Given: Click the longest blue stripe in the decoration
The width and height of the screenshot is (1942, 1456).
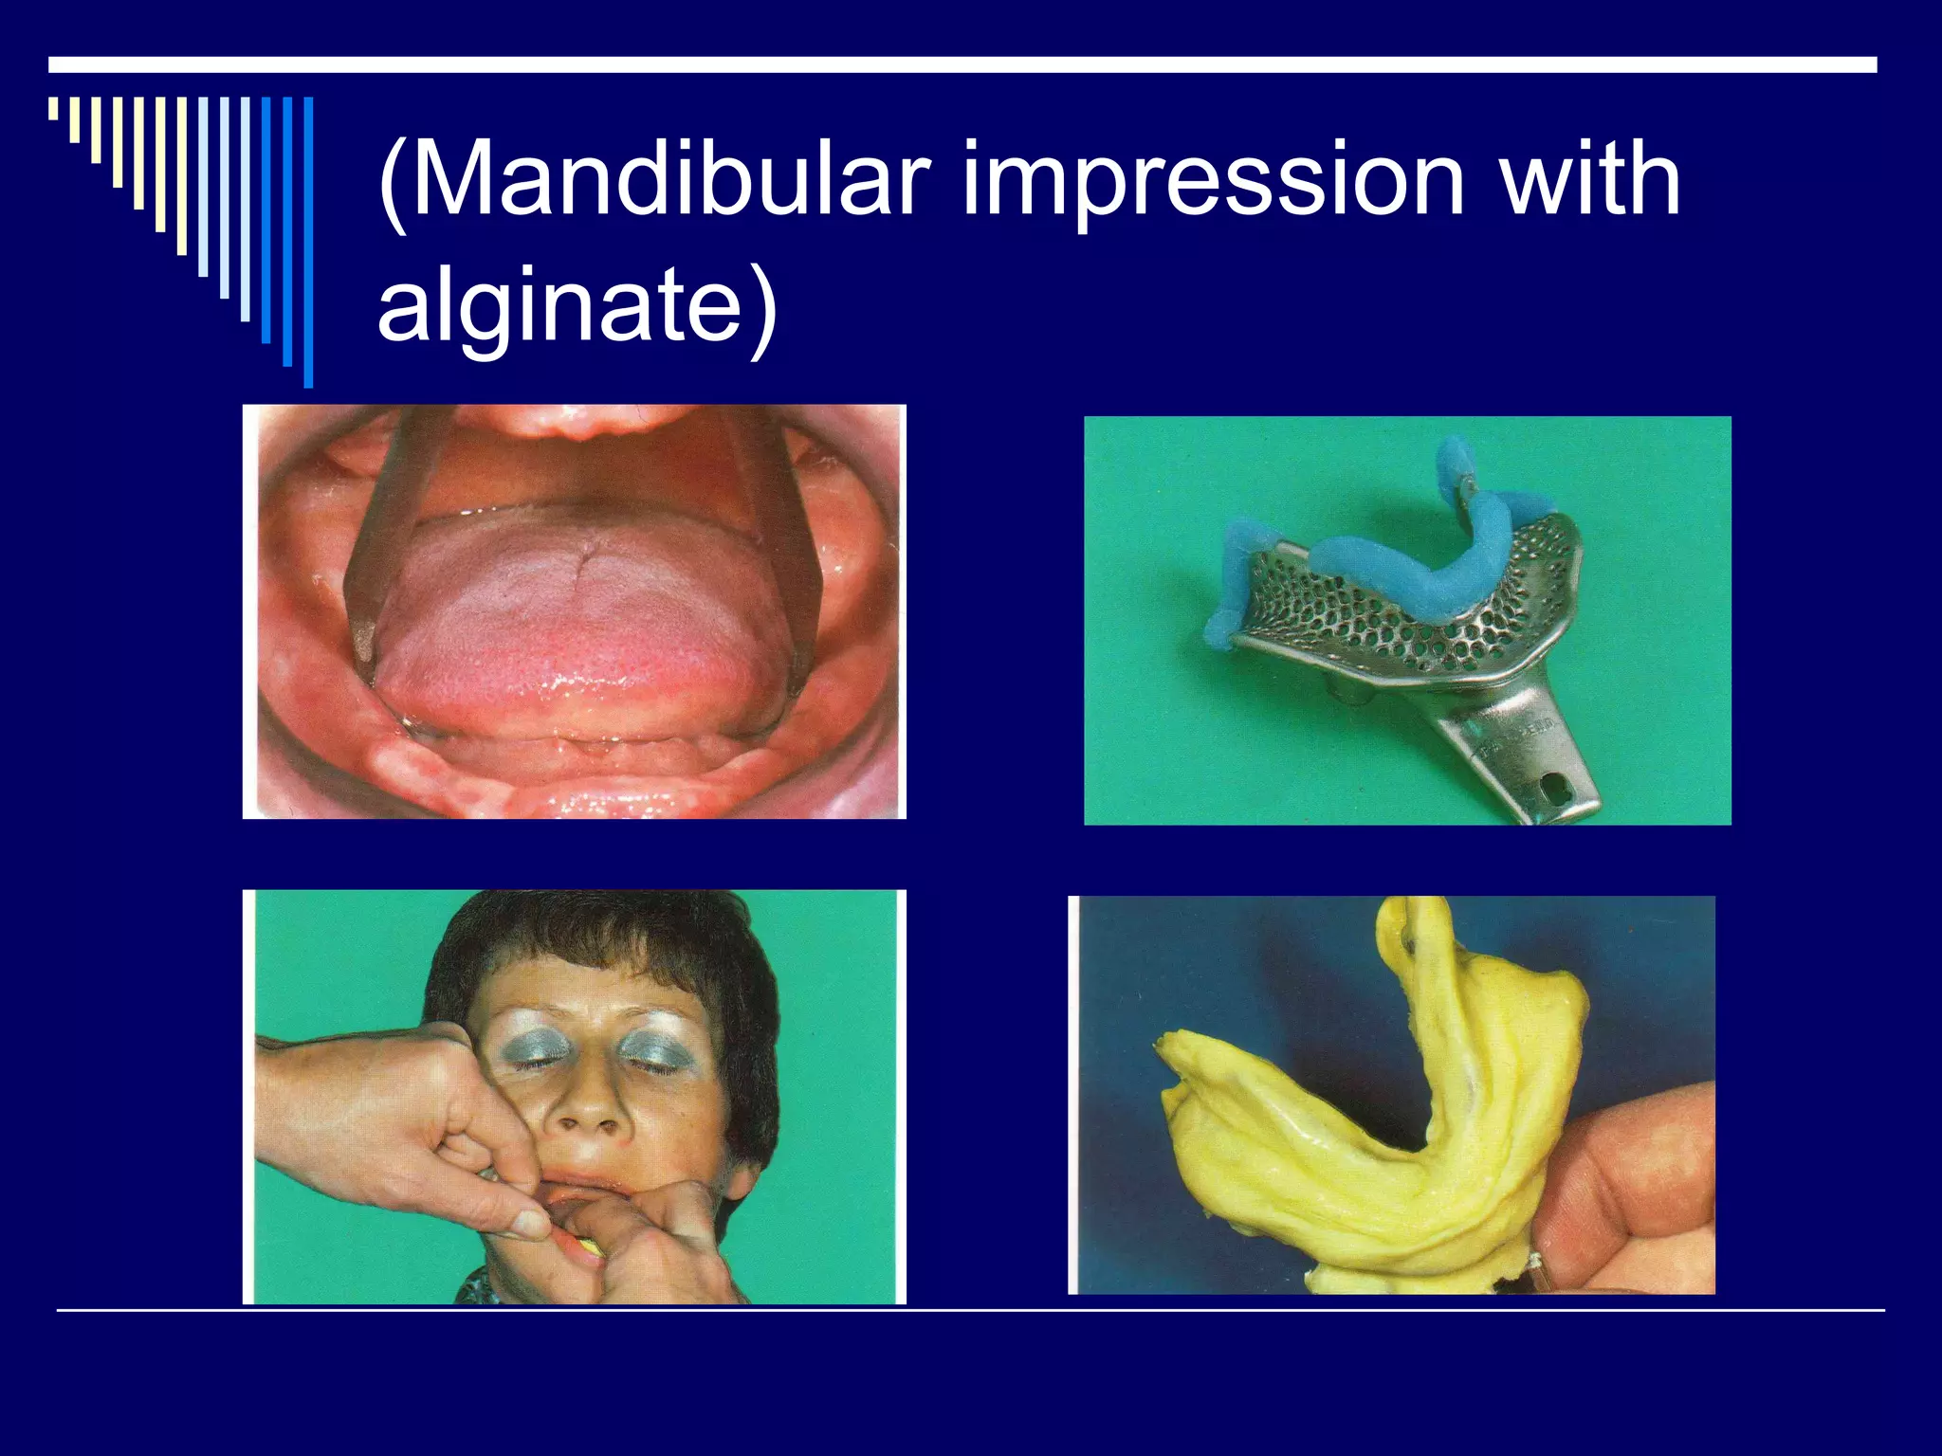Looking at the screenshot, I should (308, 242).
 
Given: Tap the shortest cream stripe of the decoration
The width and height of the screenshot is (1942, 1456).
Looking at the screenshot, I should (53, 109).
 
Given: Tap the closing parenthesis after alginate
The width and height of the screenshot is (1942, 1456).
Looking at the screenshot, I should (760, 308).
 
